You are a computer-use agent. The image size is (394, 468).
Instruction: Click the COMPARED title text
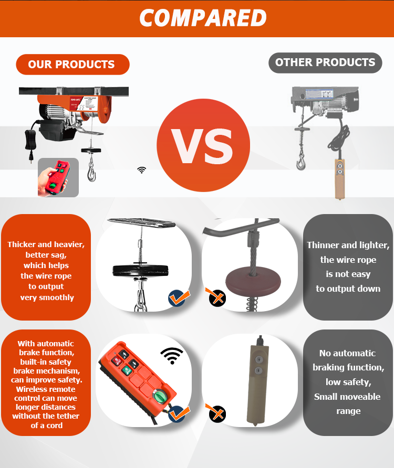[x=203, y=18]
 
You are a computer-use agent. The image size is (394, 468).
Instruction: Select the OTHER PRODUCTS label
[x=325, y=62]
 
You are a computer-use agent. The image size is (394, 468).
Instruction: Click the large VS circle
[x=203, y=145]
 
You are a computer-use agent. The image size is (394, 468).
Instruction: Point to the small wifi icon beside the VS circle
[x=141, y=170]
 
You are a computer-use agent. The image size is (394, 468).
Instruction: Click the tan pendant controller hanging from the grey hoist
[x=340, y=178]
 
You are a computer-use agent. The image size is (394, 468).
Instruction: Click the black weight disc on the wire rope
[x=140, y=270]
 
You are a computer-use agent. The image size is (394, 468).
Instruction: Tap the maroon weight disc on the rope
[x=253, y=281]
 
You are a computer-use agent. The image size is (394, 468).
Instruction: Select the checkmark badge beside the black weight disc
[x=178, y=297]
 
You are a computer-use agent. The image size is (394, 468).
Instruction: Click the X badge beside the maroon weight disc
[x=216, y=297]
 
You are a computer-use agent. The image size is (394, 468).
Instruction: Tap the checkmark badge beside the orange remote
[x=178, y=413]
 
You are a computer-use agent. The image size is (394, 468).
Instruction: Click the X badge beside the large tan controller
[x=216, y=413]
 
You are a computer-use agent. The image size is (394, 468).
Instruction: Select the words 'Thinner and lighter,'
[x=348, y=246]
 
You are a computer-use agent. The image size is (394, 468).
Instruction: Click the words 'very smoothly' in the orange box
[x=47, y=297]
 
